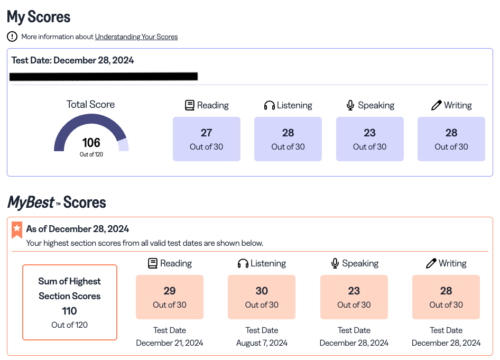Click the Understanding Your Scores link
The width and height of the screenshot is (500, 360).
point(136,37)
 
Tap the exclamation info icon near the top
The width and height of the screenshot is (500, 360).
point(12,36)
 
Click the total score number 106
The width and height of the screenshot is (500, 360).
point(91,143)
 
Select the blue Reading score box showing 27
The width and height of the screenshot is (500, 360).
point(206,139)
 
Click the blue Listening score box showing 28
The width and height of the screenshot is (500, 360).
point(288,139)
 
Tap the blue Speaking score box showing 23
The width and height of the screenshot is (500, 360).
point(369,139)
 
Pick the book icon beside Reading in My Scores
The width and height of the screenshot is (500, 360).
point(190,105)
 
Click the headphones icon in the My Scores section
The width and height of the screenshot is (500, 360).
point(270,105)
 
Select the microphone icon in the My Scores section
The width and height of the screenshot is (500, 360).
point(350,105)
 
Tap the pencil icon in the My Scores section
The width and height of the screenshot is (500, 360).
point(436,105)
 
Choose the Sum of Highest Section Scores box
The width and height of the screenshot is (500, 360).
point(70,302)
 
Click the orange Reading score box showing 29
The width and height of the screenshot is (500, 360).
point(170,297)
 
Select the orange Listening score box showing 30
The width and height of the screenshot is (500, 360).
point(262,297)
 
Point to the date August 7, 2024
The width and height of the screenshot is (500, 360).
point(262,343)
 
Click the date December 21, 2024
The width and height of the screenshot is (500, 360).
point(170,343)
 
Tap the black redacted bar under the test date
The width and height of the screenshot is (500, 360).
point(104,77)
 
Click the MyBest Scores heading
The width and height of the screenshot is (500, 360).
point(57,202)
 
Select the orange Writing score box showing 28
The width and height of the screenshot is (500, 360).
point(446,297)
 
